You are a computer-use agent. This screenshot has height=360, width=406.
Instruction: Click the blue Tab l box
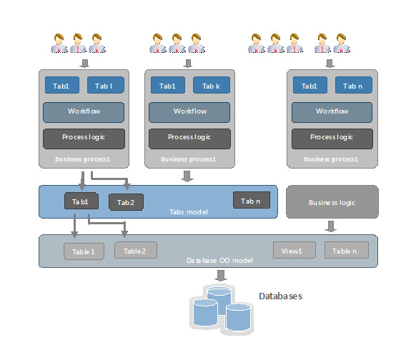click(106, 85)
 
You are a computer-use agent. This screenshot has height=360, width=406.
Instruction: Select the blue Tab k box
click(212, 85)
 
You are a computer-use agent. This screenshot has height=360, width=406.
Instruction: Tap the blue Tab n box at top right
click(353, 85)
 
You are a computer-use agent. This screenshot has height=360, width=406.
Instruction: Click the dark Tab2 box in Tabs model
click(126, 202)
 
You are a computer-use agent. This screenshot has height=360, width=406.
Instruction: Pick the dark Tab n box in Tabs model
click(252, 200)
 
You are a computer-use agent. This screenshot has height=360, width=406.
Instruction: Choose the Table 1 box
click(84, 251)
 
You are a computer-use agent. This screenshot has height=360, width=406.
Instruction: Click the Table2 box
click(136, 250)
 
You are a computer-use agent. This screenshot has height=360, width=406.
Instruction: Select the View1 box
click(294, 250)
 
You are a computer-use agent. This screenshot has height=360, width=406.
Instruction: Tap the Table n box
click(347, 250)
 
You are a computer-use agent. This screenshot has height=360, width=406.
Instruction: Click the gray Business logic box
click(332, 202)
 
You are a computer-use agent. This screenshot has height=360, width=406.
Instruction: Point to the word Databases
click(280, 296)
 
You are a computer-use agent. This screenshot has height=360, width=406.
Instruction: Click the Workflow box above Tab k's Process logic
click(189, 112)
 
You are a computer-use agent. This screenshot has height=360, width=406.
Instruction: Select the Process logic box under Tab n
click(332, 139)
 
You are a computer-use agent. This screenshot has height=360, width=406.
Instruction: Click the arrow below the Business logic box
click(331, 226)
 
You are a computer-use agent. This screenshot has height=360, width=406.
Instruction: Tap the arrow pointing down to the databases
click(221, 276)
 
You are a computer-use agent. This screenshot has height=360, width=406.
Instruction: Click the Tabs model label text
click(189, 212)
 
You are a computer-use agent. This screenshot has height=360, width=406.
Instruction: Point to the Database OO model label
click(219, 261)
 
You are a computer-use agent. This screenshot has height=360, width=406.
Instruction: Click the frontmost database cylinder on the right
click(238, 317)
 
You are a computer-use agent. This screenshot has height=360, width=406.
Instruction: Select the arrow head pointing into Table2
click(124, 234)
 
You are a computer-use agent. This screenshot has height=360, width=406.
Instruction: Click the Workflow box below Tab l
click(84, 112)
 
